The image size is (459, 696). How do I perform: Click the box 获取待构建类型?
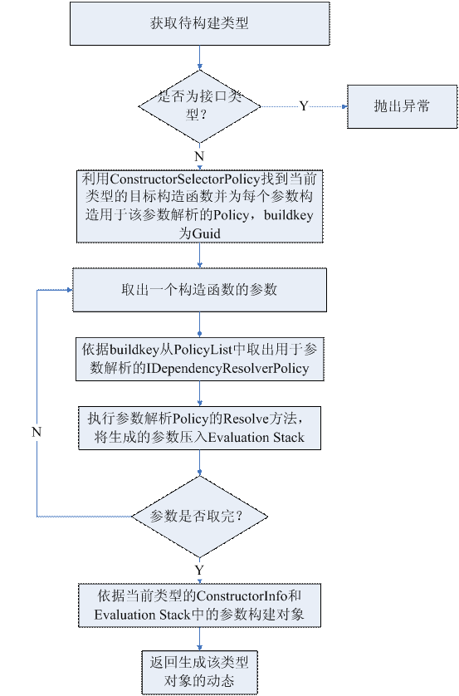coord(199,23)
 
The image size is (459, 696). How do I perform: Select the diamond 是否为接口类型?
coord(199,106)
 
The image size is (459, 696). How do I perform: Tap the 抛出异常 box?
coord(402,106)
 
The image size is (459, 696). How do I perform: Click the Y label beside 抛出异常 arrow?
coord(303,106)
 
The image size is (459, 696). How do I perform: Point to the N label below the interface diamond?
coord(199,156)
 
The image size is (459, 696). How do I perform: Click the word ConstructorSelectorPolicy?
coord(184,179)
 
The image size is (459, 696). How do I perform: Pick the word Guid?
coord(206,233)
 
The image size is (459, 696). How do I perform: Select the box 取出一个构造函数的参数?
coord(199,290)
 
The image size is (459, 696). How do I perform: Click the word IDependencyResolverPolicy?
coord(227,369)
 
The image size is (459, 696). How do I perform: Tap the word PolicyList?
coord(203,350)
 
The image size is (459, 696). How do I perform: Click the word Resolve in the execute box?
coord(246,419)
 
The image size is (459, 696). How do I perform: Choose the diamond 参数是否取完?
coord(199,517)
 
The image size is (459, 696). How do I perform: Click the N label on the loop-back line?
coord(37,432)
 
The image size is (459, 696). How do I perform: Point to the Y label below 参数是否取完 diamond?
coord(199,570)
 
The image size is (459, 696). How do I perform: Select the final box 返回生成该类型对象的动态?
coord(199,673)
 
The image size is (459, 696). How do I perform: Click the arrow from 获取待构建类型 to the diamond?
coord(199,57)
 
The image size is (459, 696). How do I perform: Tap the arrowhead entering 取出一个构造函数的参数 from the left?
coord(70,290)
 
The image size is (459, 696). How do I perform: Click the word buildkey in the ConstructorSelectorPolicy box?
coord(289,215)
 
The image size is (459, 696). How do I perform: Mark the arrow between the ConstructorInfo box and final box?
coord(199,639)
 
